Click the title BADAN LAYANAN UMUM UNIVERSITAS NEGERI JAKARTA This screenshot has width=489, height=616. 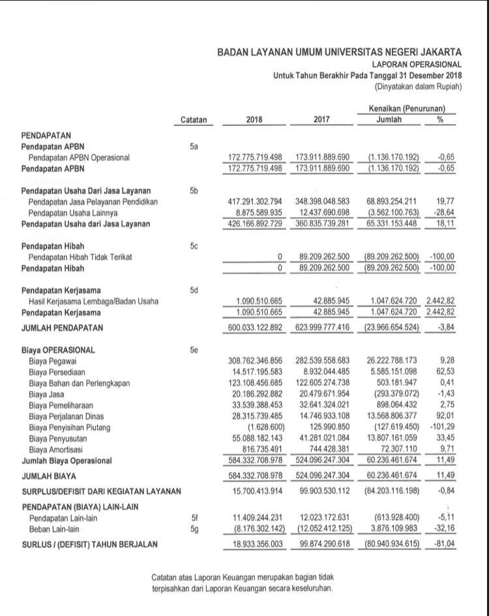[x=339, y=52]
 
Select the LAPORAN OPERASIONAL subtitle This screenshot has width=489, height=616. [x=417, y=65]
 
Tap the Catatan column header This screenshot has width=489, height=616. [x=193, y=120]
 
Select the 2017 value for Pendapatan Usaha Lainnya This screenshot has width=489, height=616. [x=323, y=213]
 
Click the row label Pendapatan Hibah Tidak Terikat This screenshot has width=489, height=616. [x=81, y=257]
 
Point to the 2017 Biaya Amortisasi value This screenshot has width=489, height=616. [x=327, y=450]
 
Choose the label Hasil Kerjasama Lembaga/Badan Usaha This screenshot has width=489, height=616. [x=94, y=301]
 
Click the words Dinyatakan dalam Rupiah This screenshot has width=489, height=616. [x=418, y=87]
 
